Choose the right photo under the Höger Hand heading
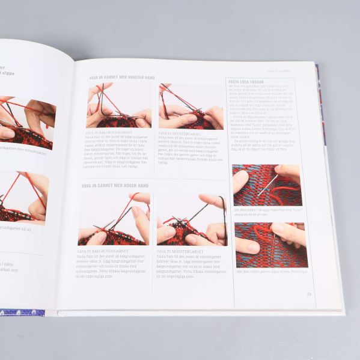tap(192, 219)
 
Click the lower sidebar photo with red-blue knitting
tap(270, 244)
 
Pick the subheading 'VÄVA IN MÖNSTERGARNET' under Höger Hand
tap(180, 251)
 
